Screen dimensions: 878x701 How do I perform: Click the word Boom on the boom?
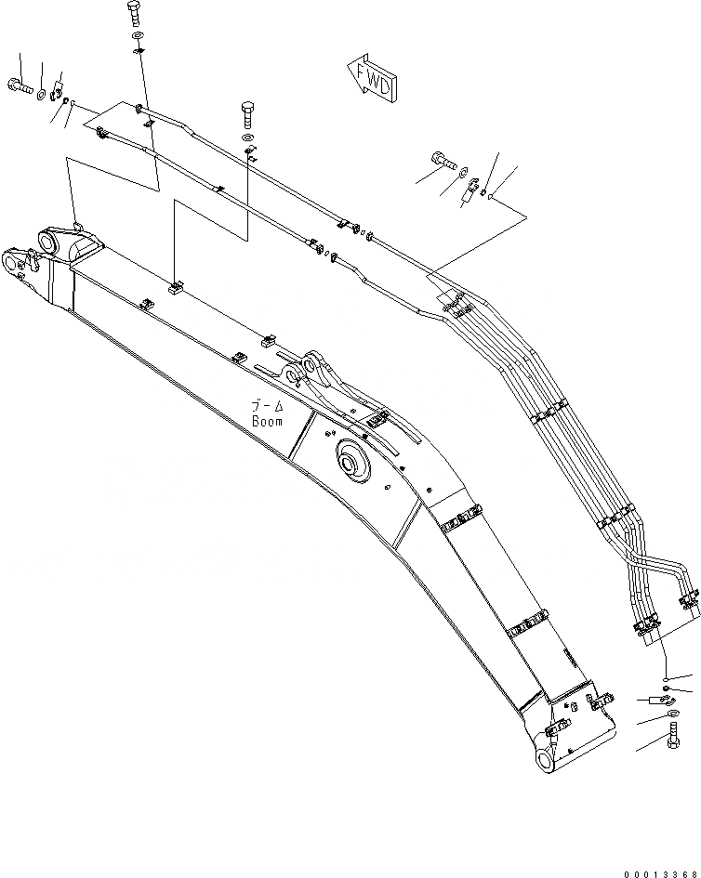tap(267, 420)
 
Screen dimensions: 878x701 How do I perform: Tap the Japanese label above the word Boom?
tap(266, 406)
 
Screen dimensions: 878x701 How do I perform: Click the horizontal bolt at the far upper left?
tap(21, 86)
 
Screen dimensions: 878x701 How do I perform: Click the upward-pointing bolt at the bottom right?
tap(670, 744)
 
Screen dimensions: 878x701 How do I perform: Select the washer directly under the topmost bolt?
tap(137, 38)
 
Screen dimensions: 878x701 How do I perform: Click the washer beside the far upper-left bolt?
tap(43, 91)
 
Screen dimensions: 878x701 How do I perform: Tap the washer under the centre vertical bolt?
tap(248, 138)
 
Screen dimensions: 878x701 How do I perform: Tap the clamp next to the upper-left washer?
tap(57, 94)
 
